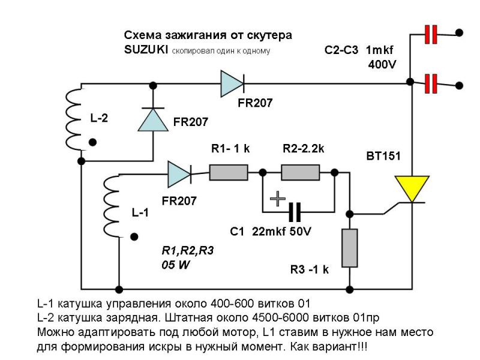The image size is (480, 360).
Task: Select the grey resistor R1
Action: click(229, 172)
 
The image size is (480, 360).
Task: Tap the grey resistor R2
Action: click(301, 172)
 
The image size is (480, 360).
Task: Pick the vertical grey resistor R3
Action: click(350, 248)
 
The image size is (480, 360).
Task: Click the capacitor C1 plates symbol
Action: click(295, 212)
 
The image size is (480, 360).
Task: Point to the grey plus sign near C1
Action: click(278, 199)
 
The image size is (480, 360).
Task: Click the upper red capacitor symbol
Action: click(431, 35)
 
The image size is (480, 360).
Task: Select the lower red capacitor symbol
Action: click(431, 83)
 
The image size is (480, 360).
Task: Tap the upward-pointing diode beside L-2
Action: click(153, 119)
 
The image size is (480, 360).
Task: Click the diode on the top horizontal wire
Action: click(232, 83)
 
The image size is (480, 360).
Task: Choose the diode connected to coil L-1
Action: click(179, 175)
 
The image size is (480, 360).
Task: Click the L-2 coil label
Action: click(99, 118)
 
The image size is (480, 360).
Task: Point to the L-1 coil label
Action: click(140, 212)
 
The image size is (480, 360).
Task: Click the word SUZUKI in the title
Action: click(146, 49)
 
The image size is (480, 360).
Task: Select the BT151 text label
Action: click(383, 156)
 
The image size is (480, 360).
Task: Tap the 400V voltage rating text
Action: click(382, 65)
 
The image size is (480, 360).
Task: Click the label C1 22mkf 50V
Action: click(271, 232)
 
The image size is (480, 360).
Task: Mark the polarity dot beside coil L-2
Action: click(92, 142)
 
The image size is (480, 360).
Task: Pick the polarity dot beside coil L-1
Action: click(134, 236)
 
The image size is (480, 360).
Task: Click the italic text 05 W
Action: click(176, 265)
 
